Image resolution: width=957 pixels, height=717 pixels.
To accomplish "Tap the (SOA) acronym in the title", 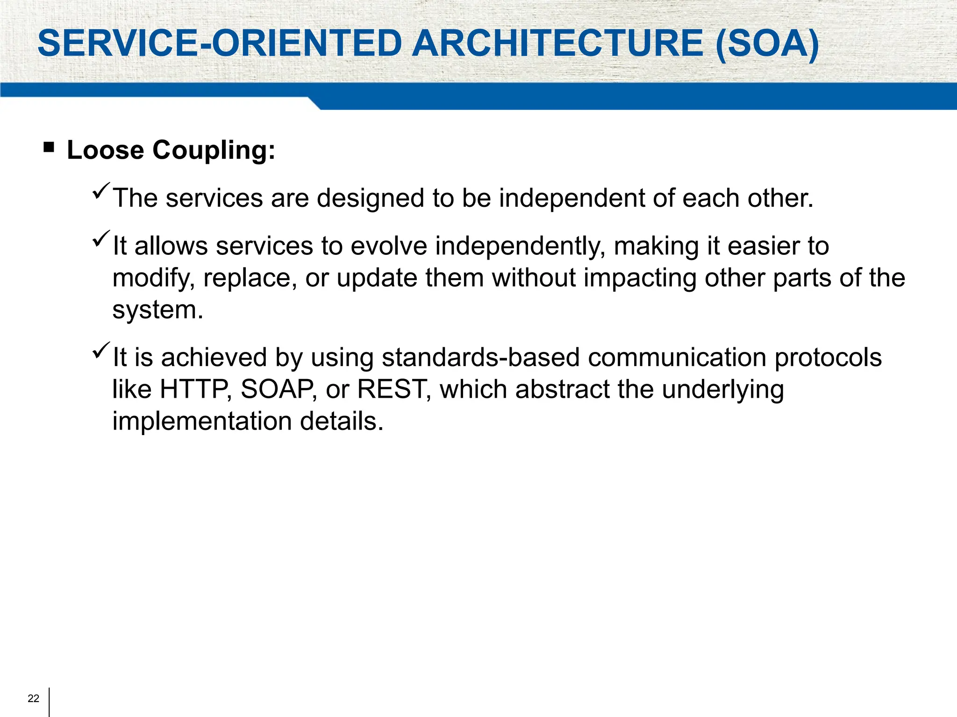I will click(x=767, y=43).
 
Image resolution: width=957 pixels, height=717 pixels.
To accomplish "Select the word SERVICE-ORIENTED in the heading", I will click(x=220, y=43).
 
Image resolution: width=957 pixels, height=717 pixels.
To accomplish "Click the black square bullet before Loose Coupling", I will click(x=49, y=148).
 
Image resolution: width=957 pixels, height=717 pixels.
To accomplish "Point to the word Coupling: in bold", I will click(x=214, y=151).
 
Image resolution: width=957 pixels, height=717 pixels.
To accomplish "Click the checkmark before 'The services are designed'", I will click(x=101, y=191).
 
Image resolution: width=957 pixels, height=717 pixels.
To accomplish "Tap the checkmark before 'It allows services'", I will click(x=101, y=239).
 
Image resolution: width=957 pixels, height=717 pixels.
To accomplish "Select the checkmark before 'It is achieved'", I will click(x=101, y=350).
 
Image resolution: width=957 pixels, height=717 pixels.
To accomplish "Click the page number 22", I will click(x=33, y=698).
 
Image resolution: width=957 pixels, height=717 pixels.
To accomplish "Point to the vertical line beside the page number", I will click(x=49, y=702).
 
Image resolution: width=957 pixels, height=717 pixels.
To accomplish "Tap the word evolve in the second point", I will click(x=389, y=246).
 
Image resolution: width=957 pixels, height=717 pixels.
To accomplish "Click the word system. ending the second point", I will click(x=158, y=310).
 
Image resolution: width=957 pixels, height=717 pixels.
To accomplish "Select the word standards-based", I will click(x=480, y=358).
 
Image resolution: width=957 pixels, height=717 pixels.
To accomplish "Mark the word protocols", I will click(x=828, y=358).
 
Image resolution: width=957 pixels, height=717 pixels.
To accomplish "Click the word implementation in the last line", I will click(x=202, y=421).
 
